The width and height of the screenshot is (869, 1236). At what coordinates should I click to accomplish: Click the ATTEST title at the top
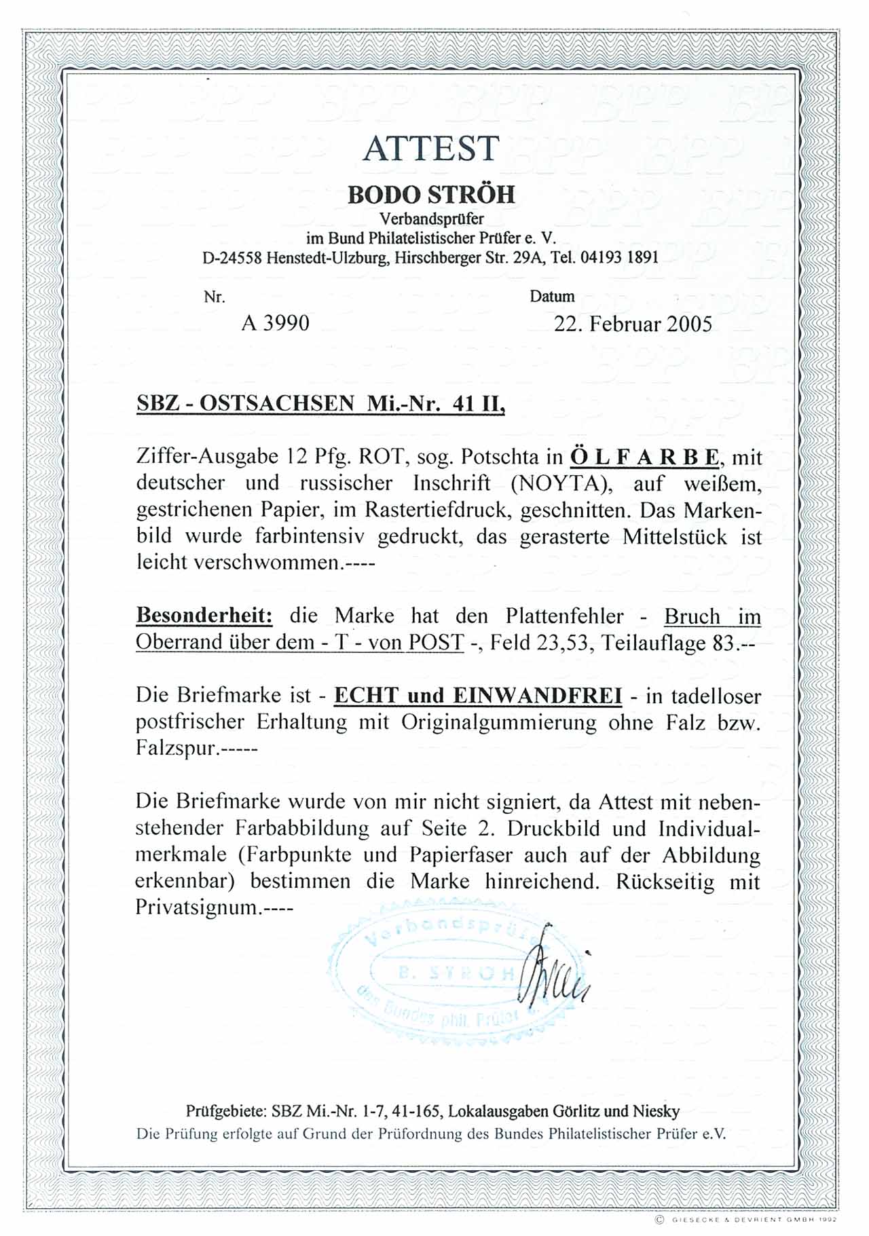431,148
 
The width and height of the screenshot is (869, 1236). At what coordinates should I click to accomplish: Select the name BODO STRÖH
431,195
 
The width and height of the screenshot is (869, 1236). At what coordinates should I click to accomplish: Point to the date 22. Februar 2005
633,324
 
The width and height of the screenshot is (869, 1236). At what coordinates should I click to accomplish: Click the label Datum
552,297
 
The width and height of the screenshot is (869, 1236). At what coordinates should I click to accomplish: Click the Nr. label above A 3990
214,297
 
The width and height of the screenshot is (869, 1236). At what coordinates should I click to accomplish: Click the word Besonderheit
204,616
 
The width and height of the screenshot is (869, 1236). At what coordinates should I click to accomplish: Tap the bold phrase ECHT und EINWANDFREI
478,696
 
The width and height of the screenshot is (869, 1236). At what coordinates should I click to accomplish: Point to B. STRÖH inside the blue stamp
457,973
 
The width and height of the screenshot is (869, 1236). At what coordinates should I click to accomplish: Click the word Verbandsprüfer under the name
431,219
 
